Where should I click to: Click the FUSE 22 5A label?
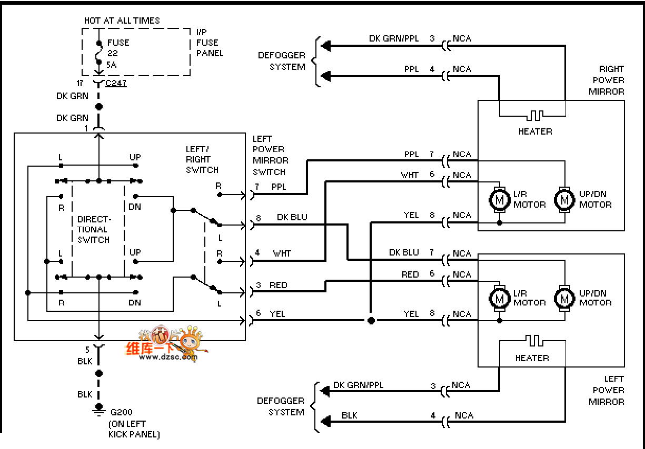click(117, 53)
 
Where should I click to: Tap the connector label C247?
click(116, 83)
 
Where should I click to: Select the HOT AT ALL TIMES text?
click(122, 21)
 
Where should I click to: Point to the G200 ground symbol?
click(98, 409)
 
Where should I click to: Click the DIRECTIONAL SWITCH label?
click(94, 229)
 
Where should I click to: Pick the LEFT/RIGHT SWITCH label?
click(202, 159)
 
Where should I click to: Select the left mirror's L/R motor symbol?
click(498, 298)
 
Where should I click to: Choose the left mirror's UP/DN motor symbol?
click(564, 298)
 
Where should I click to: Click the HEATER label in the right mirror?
click(535, 131)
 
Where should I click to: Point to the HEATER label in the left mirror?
click(532, 358)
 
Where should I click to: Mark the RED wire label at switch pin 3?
click(279, 285)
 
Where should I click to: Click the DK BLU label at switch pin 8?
click(292, 217)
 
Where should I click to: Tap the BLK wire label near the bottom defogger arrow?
click(349, 415)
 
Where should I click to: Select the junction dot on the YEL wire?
click(371, 320)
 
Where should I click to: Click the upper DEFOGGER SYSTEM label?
click(281, 61)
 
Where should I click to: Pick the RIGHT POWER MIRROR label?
click(608, 80)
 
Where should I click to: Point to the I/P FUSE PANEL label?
click(210, 43)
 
